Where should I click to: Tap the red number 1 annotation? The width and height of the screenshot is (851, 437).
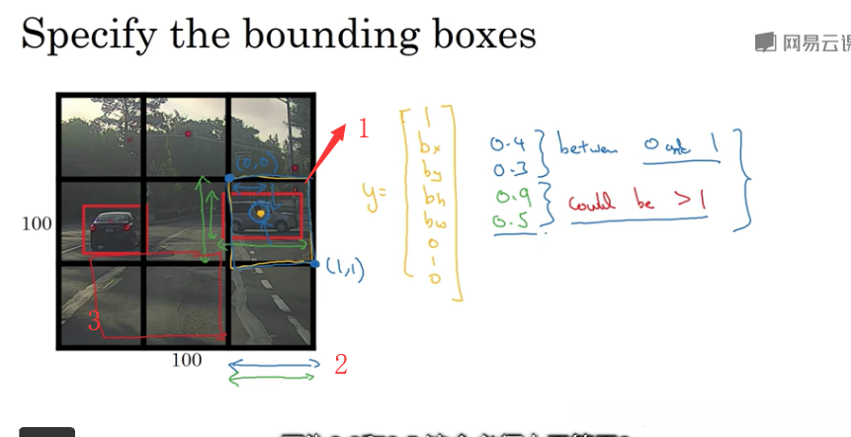[x=364, y=129]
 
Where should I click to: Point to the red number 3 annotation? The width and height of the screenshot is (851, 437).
[x=94, y=320]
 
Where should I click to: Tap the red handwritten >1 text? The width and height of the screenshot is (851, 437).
[x=692, y=202]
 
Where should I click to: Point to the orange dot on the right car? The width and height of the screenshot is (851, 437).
[x=261, y=211]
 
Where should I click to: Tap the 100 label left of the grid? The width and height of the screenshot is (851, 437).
[x=37, y=224]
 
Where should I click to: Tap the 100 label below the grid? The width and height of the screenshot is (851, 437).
[x=186, y=360]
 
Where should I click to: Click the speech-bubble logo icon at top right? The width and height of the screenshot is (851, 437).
[x=764, y=43]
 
